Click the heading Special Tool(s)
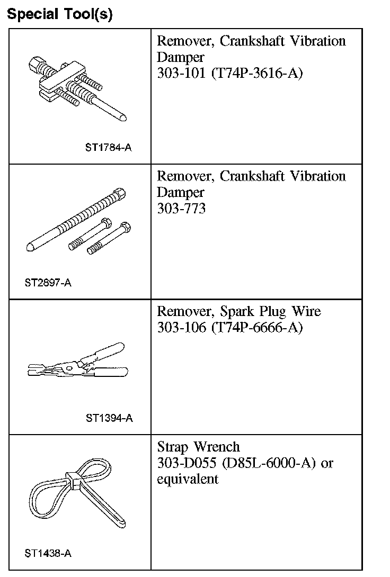59,14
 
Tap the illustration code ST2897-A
48,283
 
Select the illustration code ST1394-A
109,418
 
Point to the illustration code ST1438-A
48,554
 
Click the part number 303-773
181,209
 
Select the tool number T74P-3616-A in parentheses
256,73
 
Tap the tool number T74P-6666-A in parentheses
256,328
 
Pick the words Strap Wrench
199,447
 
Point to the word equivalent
188,480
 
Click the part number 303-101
181,73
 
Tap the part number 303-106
181,328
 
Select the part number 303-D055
186,463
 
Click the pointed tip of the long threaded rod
30,247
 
